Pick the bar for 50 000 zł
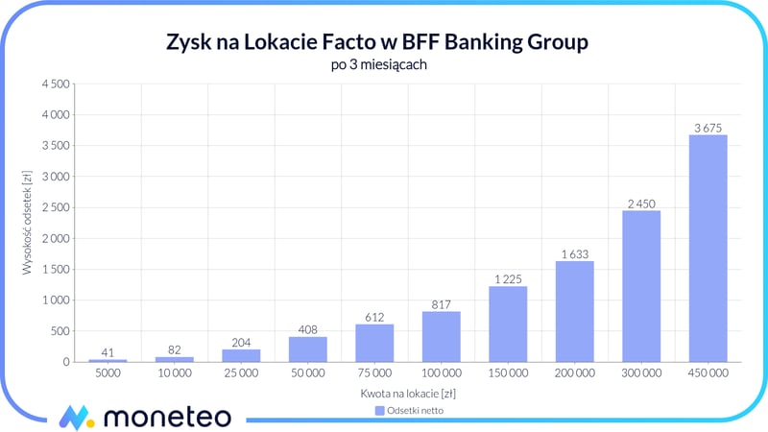pyautogui.click(x=307, y=348)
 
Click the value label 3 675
pyautogui.click(x=708, y=127)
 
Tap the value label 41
pyautogui.click(x=108, y=351)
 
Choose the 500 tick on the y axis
pyautogui.click(x=60, y=331)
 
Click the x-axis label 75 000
pyautogui.click(x=374, y=372)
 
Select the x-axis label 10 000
pyautogui.click(x=174, y=372)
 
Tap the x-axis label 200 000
pyautogui.click(x=574, y=372)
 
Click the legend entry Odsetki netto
pyautogui.click(x=409, y=410)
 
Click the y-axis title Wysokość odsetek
pyautogui.click(x=29, y=223)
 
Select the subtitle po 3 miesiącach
pyautogui.click(x=384, y=64)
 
